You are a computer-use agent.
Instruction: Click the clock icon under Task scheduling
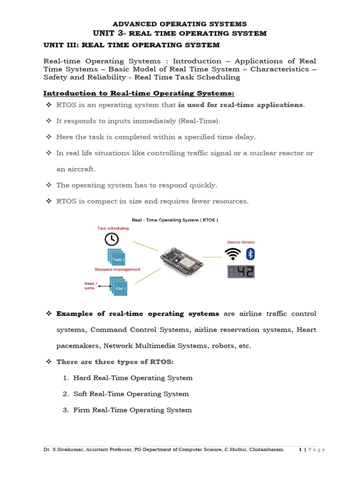[x=111, y=239]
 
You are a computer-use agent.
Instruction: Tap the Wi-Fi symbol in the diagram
[x=232, y=255]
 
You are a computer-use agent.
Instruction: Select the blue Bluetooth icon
[x=250, y=254]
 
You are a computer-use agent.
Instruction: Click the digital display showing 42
[x=241, y=272]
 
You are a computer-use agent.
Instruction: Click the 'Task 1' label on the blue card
[x=118, y=260]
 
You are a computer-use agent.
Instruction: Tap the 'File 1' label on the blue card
[x=120, y=289]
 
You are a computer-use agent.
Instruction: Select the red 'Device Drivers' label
[x=241, y=242]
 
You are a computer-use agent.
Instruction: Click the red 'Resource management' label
[x=117, y=270]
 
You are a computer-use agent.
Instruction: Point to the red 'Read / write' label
[x=90, y=286]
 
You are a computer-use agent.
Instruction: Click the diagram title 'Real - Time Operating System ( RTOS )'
[x=175, y=219]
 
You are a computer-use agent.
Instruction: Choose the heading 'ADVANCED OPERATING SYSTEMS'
[x=180, y=24]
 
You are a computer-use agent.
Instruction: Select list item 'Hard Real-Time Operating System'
[x=133, y=378]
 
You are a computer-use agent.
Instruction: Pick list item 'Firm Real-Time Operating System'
[x=133, y=410]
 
